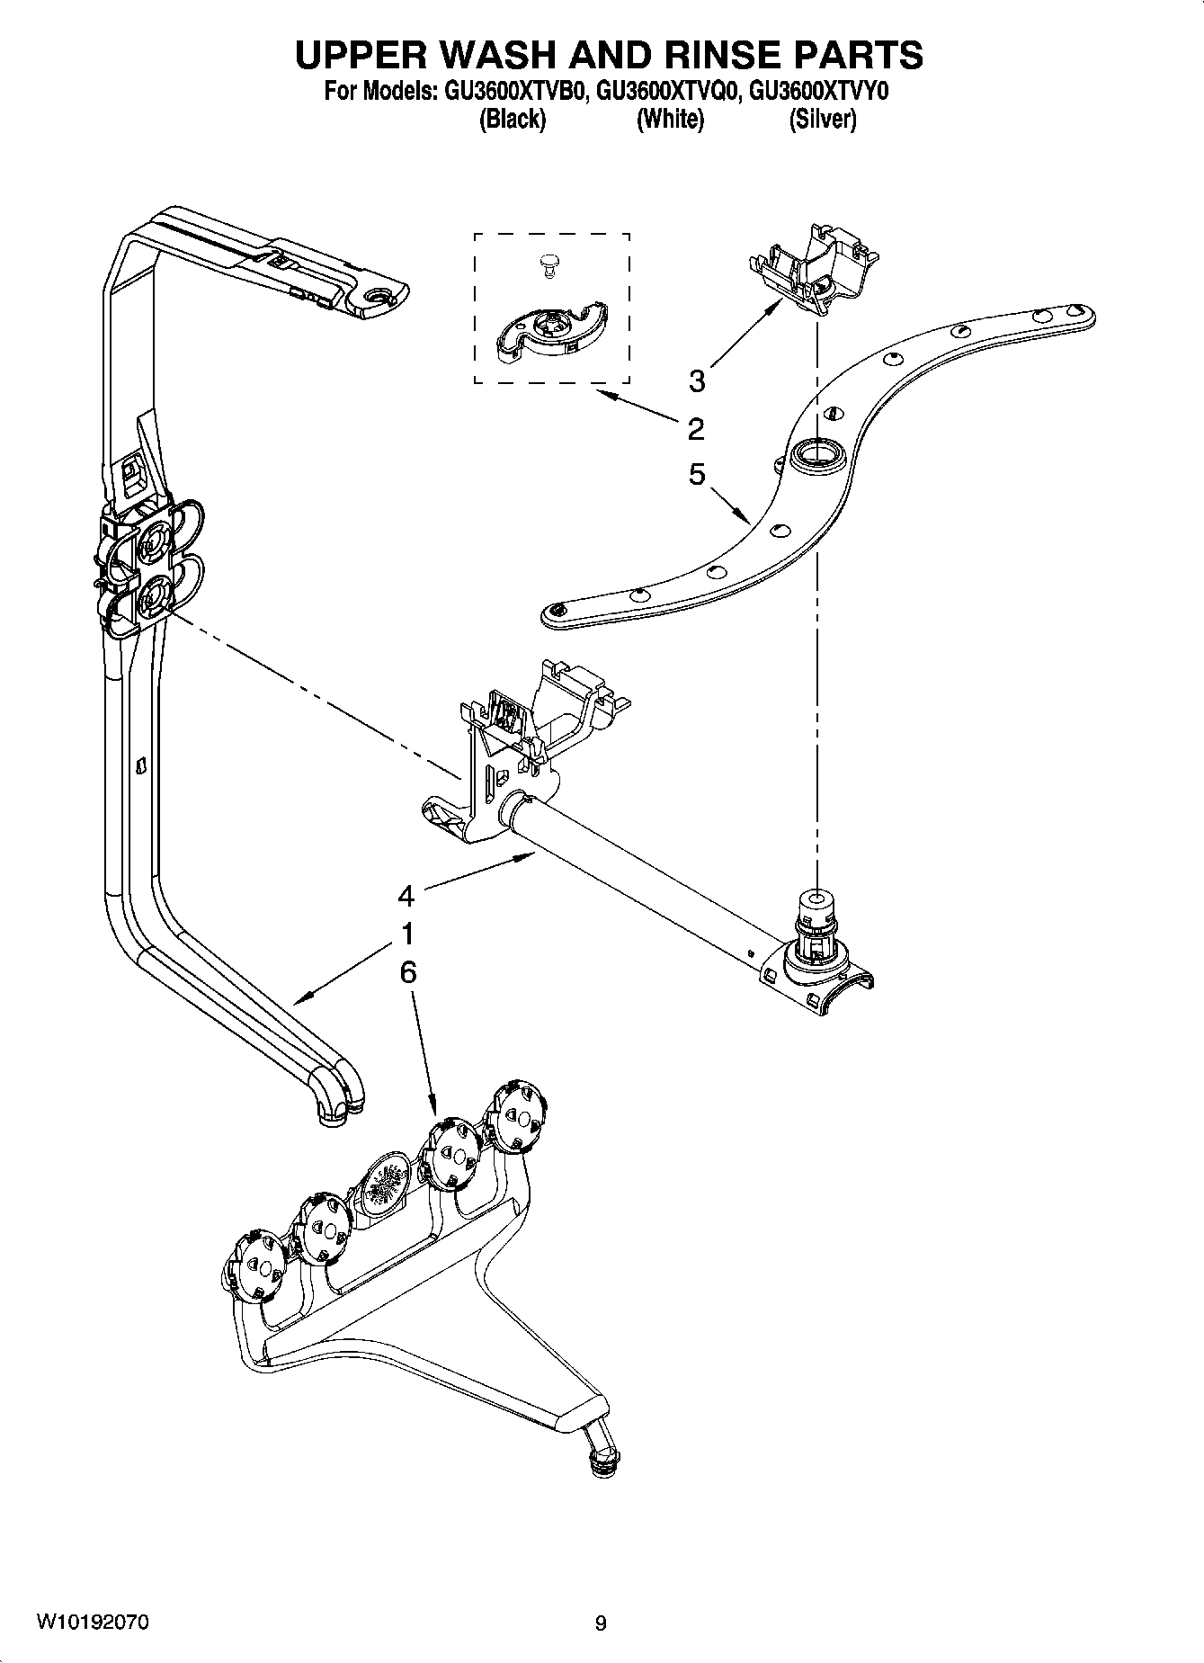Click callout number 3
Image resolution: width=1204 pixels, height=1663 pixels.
pos(697,381)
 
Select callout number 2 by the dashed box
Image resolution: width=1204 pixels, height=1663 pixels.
pos(696,429)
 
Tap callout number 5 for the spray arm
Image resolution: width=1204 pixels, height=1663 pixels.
pos(697,474)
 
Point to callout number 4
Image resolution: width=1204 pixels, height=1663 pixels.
pos(406,896)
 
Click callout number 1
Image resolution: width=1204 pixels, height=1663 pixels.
pos(407,934)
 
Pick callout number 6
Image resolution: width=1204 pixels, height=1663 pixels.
pos(407,972)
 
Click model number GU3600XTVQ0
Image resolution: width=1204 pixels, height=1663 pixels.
pos(668,91)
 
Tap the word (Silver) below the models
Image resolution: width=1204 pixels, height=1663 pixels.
pos(822,119)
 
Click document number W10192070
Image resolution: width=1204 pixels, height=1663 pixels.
pos(93,1622)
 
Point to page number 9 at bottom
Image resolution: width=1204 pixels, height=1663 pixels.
pos(601,1623)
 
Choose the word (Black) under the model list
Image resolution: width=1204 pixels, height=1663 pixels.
pos(513,119)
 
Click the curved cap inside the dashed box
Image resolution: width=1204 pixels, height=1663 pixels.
pos(548,335)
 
